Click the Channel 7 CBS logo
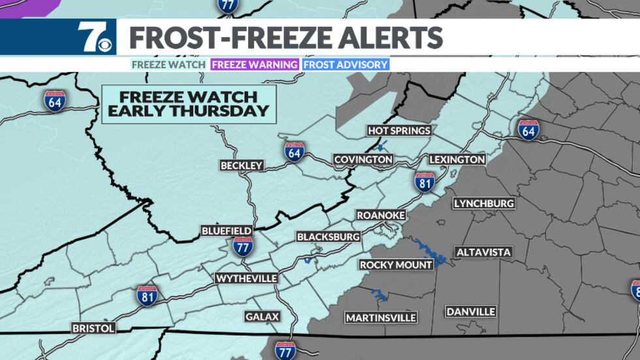pyautogui.click(x=94, y=37)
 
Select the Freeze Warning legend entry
pyautogui.click(x=255, y=65)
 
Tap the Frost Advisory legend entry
pyautogui.click(x=345, y=65)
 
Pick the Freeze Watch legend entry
pyautogui.click(x=170, y=65)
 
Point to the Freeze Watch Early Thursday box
pyautogui.click(x=189, y=104)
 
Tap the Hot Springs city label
pyautogui.click(x=399, y=131)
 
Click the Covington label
pyautogui.click(x=363, y=159)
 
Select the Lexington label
pyautogui.click(x=457, y=159)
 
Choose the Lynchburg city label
pyautogui.click(x=484, y=204)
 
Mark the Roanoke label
pyautogui.click(x=381, y=215)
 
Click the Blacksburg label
pyautogui.click(x=328, y=236)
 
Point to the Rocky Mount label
pyautogui.click(x=396, y=265)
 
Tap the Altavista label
pyautogui.click(x=484, y=252)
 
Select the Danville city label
pyautogui.click(x=471, y=312)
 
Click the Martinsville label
pyautogui.click(x=381, y=318)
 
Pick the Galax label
pyautogui.click(x=263, y=317)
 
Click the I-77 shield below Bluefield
pyautogui.click(x=243, y=246)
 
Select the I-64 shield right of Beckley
pyautogui.click(x=294, y=151)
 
